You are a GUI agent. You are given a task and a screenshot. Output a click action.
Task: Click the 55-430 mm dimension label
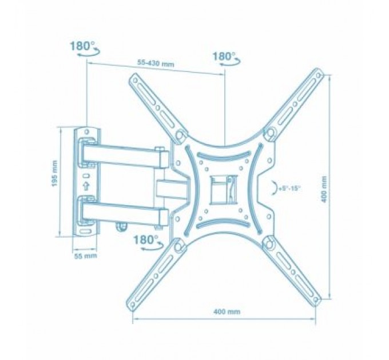(x=156, y=63)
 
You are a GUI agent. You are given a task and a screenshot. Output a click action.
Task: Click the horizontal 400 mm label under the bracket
(x=226, y=312)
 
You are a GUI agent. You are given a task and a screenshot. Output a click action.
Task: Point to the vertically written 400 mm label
(x=340, y=184)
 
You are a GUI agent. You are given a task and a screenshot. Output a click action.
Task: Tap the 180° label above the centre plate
(x=224, y=57)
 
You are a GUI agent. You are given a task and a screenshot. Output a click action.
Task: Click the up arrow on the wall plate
(x=86, y=186)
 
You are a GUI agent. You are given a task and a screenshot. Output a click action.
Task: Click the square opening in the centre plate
(x=220, y=189)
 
